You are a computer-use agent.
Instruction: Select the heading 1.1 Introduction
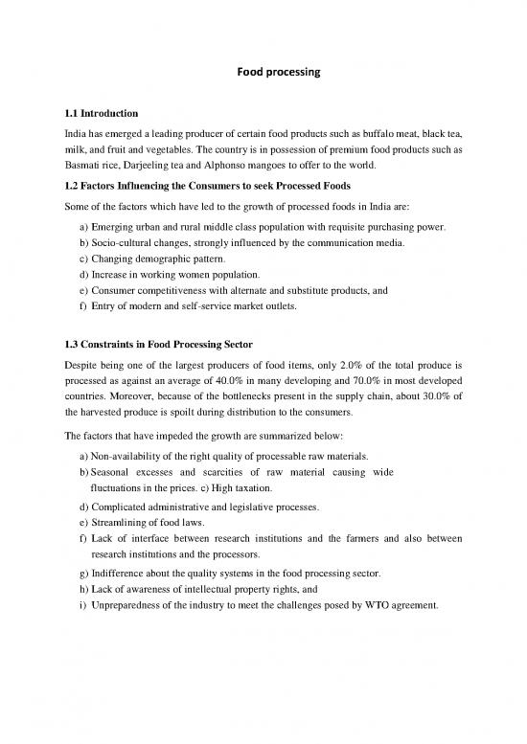click(x=100, y=112)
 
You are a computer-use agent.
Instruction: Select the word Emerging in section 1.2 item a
click(x=117, y=228)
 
